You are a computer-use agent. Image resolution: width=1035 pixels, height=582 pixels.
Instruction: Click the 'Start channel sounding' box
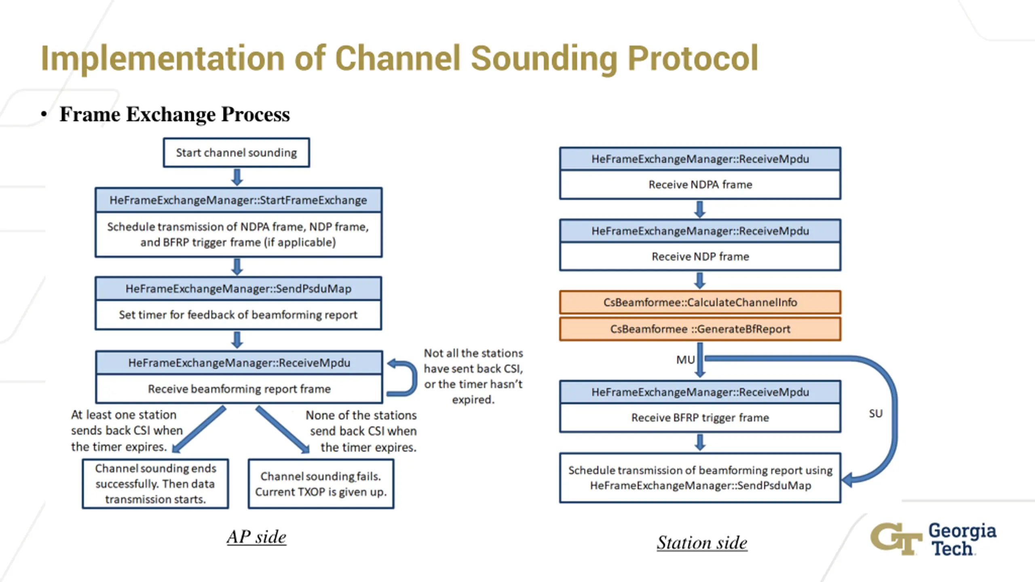click(237, 152)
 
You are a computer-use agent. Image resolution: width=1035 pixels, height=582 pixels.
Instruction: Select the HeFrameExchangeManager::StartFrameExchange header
click(239, 200)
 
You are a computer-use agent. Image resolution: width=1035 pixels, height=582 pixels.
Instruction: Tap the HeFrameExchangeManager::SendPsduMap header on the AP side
click(239, 289)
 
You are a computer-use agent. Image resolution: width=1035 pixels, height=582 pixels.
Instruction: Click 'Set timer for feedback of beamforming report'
click(239, 315)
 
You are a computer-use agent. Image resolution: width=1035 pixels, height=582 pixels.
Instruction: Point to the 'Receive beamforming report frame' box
click(239, 389)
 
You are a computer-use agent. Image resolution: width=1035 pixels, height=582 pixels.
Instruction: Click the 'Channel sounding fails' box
click(321, 484)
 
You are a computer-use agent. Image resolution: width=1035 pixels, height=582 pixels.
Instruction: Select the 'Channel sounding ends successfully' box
click(156, 484)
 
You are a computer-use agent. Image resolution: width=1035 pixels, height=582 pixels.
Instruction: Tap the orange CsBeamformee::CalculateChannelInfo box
click(700, 302)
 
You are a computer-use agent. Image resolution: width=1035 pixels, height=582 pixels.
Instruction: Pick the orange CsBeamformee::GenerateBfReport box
click(700, 329)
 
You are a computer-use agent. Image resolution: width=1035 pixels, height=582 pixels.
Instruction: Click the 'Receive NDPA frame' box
click(700, 185)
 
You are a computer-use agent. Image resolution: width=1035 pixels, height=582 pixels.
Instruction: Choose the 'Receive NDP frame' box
click(700, 257)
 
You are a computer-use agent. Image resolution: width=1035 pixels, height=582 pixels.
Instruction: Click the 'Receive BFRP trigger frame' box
click(700, 418)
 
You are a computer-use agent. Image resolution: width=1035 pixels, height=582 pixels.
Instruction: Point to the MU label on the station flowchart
click(685, 360)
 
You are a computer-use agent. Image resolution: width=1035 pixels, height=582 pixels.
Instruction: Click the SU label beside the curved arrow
click(876, 413)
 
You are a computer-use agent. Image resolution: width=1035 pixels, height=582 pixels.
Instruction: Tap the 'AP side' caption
click(256, 537)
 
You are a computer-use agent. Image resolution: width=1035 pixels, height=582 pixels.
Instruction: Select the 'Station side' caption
click(702, 542)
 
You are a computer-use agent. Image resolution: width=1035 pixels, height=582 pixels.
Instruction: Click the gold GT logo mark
click(896, 539)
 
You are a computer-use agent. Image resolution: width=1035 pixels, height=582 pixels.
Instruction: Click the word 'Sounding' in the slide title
click(544, 59)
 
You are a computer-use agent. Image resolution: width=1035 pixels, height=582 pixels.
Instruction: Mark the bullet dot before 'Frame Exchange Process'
click(44, 114)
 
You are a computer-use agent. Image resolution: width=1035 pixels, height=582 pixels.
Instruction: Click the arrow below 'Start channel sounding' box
click(237, 177)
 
